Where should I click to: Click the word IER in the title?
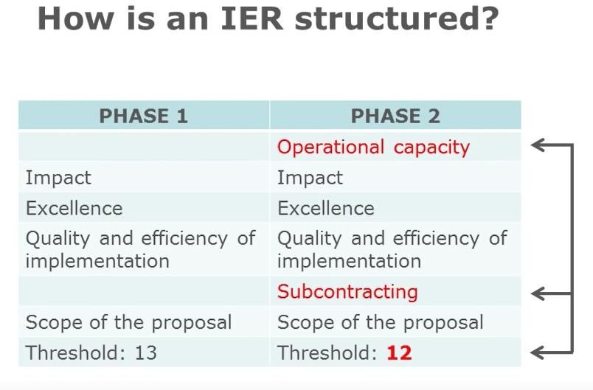[x=252, y=18]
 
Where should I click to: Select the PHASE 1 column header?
[x=143, y=116]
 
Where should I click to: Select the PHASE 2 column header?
[x=395, y=116]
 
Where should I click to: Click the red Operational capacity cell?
[x=373, y=147]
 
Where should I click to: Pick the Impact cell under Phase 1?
[x=58, y=178]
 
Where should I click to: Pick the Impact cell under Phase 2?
[x=310, y=178]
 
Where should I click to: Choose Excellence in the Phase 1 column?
[x=74, y=208]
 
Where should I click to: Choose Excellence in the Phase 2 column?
[x=326, y=208]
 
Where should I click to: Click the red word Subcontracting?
[x=347, y=292]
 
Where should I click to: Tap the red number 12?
[x=399, y=353]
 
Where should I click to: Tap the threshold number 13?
[x=145, y=353]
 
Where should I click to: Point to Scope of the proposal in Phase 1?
[x=128, y=323]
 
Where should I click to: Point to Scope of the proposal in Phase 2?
[x=381, y=323]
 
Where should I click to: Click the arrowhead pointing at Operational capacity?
[x=538, y=144]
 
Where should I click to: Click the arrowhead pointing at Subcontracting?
[x=538, y=293]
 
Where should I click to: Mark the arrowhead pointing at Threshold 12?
[x=538, y=352]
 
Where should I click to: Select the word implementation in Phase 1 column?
[x=97, y=261]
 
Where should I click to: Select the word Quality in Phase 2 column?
[x=310, y=239]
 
